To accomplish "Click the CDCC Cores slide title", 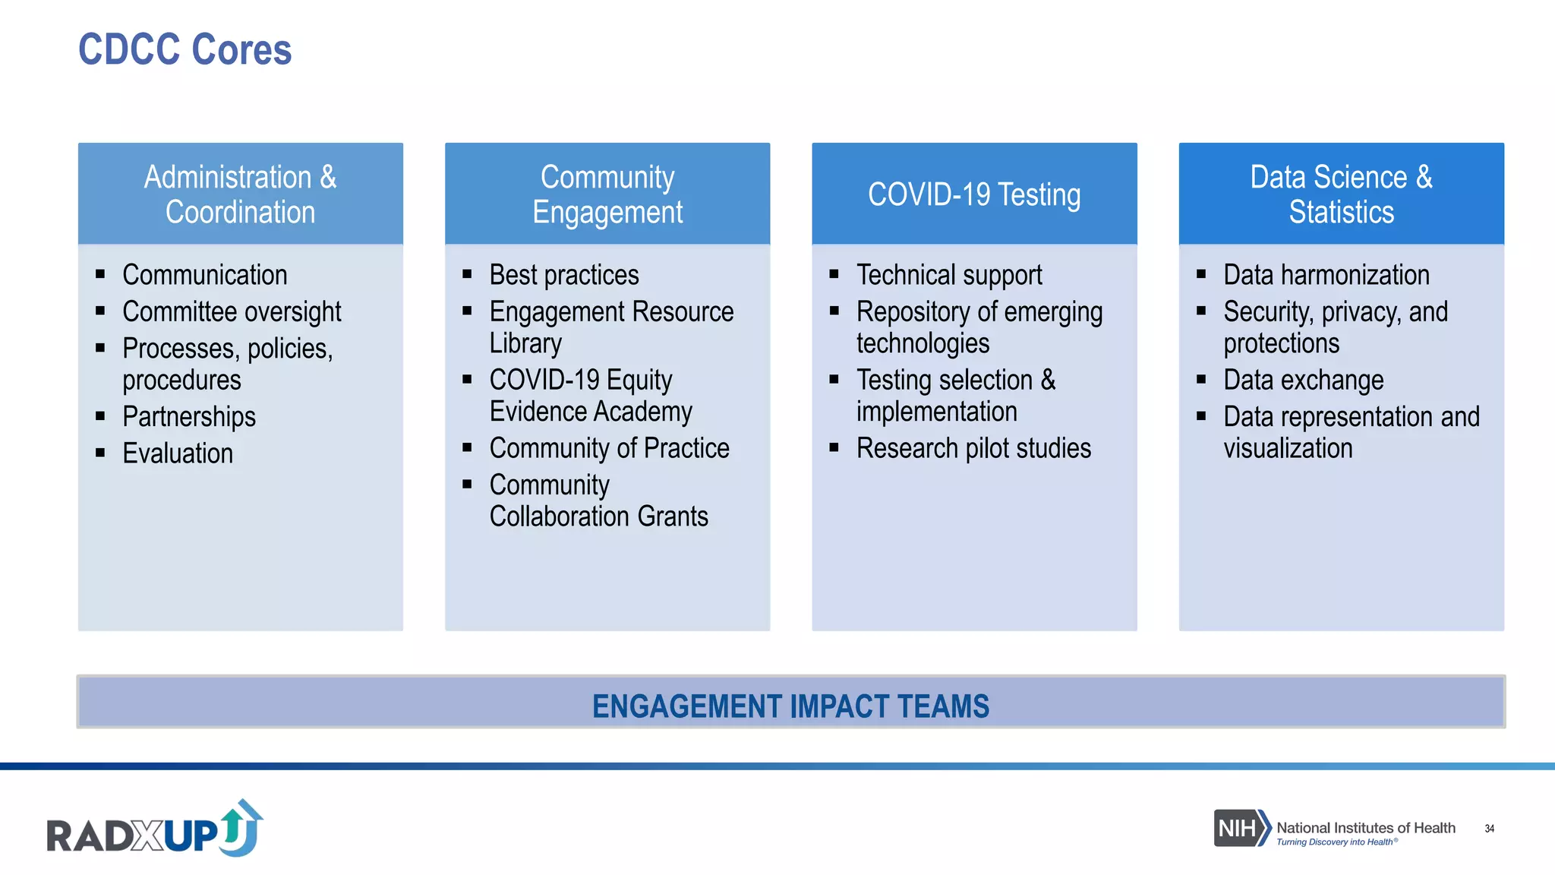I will click(x=185, y=50).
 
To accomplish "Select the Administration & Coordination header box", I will click(x=240, y=194).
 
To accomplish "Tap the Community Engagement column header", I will click(x=607, y=194).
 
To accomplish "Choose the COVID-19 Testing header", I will click(x=974, y=194).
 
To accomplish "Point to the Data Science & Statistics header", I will click(x=1341, y=194).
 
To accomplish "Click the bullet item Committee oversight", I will click(x=232, y=311).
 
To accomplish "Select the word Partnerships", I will click(x=189, y=416).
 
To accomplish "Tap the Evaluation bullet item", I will click(x=178, y=453).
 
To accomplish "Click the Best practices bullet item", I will click(x=564, y=275).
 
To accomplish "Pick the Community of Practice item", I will click(x=609, y=448).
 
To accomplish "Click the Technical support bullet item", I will click(x=949, y=275).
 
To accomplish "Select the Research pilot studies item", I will click(x=973, y=448).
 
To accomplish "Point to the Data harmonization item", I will click(x=1326, y=275).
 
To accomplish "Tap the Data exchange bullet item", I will click(x=1303, y=380).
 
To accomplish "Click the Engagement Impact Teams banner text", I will click(x=790, y=706).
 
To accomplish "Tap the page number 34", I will click(x=1489, y=829).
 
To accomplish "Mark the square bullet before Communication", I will click(x=100, y=274).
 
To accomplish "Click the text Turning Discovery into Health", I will click(x=1335, y=842).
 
